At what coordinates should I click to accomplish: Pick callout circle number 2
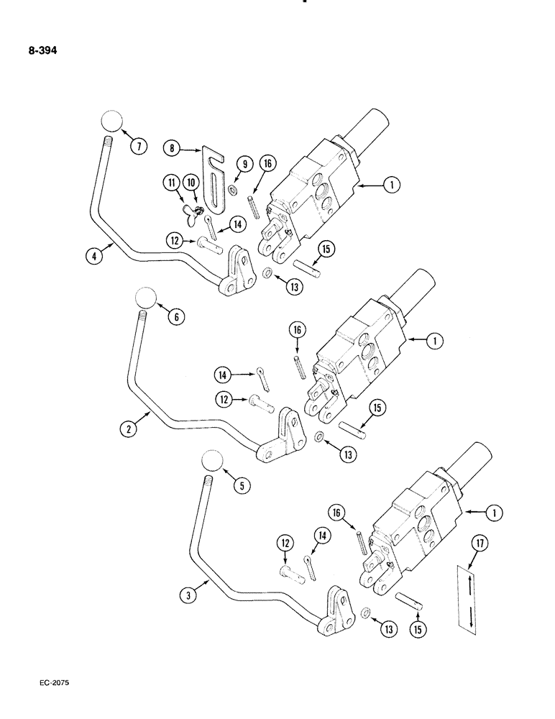(x=129, y=430)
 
